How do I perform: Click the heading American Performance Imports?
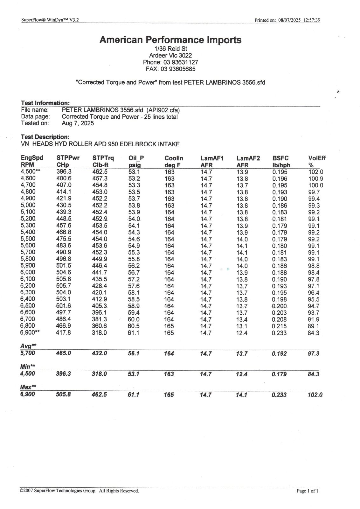point(170,40)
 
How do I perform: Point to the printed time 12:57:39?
point(312,20)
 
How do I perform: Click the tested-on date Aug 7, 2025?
point(78,123)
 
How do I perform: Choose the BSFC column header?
point(280,158)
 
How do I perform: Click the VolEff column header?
point(317,158)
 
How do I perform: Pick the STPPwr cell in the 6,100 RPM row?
point(64,279)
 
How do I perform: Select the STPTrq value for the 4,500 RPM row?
point(100,172)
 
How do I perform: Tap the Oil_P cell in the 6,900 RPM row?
point(134,333)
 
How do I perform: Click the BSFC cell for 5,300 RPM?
point(280,226)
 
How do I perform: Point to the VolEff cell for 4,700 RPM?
point(316,185)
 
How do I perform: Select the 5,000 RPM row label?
point(28,205)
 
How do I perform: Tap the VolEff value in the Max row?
point(315,395)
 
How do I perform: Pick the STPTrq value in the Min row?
point(100,374)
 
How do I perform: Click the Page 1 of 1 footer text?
point(307,491)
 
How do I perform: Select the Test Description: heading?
point(45,137)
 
